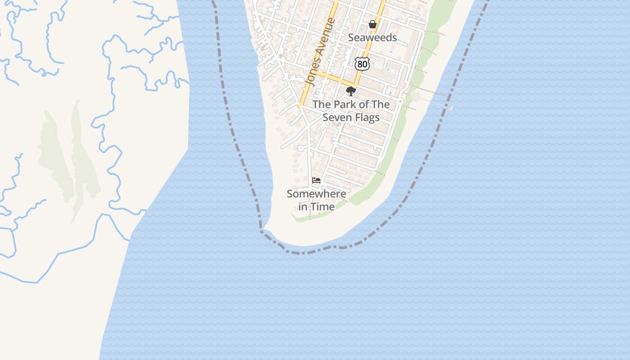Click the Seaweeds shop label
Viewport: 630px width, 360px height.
coord(373,37)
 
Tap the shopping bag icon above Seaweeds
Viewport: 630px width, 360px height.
coord(373,24)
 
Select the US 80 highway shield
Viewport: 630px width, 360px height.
coord(362,64)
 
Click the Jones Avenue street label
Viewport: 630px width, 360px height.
coord(320,52)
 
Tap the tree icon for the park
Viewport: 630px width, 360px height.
coord(351,92)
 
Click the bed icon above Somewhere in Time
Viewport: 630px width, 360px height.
coord(316,180)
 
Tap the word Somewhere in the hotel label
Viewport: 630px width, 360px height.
coord(317,194)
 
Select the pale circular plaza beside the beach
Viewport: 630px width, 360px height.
coord(415,96)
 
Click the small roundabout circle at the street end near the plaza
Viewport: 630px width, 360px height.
coord(300,148)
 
